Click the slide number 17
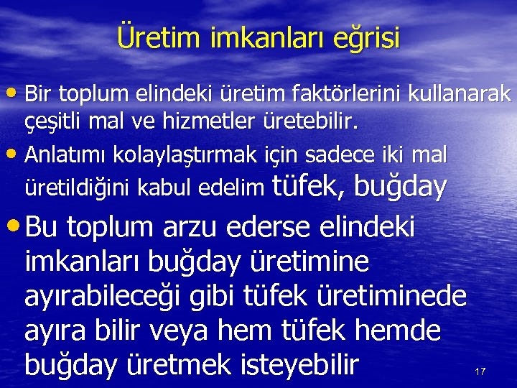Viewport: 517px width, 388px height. tap(480, 371)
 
